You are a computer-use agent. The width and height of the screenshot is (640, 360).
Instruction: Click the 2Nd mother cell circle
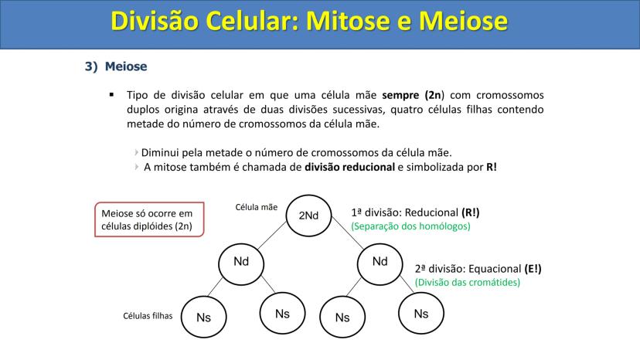coord(308,216)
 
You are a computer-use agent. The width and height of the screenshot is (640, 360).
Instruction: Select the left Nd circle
coord(241,264)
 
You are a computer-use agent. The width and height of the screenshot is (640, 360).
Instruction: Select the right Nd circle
coord(380,264)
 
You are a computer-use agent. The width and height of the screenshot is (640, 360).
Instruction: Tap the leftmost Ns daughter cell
coord(204,317)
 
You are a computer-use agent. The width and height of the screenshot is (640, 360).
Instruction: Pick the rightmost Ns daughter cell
coord(421,313)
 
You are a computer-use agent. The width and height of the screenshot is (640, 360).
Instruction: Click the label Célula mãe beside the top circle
coord(257,207)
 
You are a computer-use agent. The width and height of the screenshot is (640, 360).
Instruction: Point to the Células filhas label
coord(148,316)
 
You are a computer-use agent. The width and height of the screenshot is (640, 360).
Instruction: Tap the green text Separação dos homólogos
coord(410,226)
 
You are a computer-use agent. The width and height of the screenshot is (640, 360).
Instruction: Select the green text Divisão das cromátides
coord(468,283)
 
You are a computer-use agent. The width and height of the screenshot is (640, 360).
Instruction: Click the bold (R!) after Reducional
coord(471,212)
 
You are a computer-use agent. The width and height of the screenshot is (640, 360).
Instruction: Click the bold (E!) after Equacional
coord(533,269)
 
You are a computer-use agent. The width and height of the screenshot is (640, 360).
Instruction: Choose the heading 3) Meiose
coord(116,66)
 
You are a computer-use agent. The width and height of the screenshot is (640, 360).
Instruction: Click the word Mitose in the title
coord(347,20)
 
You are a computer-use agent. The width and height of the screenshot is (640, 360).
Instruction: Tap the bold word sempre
coord(400,95)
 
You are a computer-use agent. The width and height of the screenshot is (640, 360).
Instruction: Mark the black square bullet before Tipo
coord(111,95)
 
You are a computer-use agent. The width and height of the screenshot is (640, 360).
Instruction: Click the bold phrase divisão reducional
coord(350,167)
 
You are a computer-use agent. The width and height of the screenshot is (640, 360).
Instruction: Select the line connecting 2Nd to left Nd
coord(272,235)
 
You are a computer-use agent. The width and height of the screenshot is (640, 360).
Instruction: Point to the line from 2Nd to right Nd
coord(347,233)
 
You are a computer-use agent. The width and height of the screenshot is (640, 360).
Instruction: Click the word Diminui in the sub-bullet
coord(160,153)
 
